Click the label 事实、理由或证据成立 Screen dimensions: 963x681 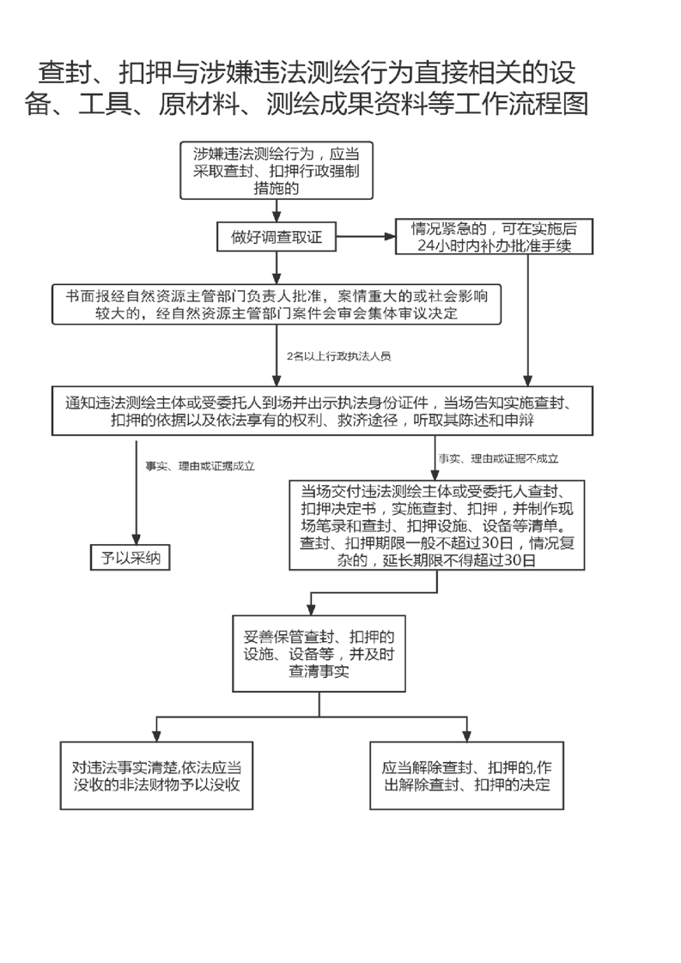200,466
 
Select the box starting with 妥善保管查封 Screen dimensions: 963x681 319,654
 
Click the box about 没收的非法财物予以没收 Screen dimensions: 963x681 156,776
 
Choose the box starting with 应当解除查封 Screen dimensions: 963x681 466,776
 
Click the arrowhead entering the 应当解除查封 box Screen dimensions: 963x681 467,736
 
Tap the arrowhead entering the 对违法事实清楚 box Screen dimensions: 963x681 156,736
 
